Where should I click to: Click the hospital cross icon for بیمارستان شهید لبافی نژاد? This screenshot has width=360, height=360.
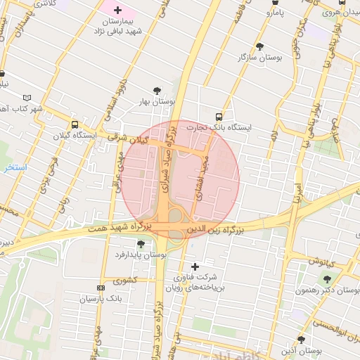117,11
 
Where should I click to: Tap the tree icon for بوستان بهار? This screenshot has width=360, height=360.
156,89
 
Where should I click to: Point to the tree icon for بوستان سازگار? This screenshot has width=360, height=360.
259,46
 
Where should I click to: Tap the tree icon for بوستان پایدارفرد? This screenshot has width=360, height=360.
141,243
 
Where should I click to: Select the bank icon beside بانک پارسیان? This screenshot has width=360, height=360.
101,288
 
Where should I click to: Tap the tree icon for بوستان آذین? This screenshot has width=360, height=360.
300,340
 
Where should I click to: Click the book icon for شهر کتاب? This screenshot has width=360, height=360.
27,98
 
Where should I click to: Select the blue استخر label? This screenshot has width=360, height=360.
15,168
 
